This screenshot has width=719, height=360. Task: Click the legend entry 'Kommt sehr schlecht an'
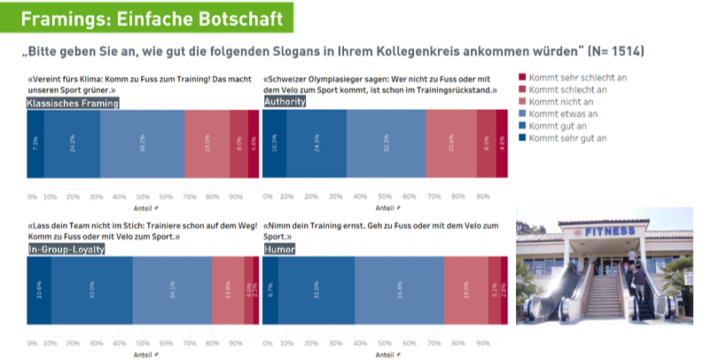(x=577, y=77)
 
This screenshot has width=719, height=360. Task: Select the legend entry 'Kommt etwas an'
(x=567, y=114)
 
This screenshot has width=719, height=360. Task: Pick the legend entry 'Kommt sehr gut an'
(x=571, y=139)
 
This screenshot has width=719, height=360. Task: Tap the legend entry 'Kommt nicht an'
(x=565, y=102)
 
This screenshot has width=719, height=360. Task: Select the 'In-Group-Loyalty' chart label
(x=66, y=250)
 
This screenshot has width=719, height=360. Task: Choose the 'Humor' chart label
(x=280, y=250)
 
